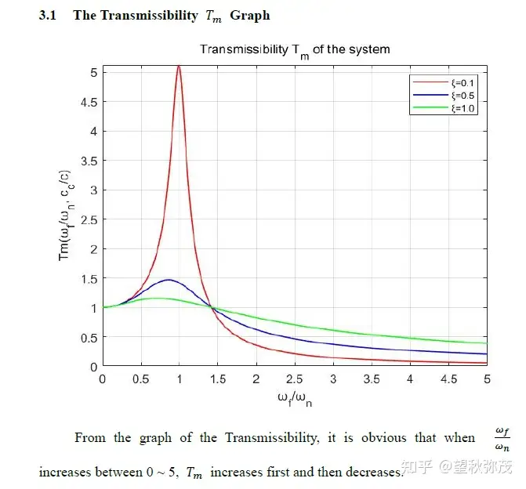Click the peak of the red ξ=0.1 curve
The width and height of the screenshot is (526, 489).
click(179, 67)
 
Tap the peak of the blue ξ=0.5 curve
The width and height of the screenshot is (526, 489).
click(168, 280)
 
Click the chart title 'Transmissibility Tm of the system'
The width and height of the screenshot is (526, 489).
click(295, 49)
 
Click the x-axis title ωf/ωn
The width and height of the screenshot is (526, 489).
click(295, 397)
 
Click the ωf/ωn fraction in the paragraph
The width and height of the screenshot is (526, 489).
click(502, 439)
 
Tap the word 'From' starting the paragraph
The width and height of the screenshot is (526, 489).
click(90, 437)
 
